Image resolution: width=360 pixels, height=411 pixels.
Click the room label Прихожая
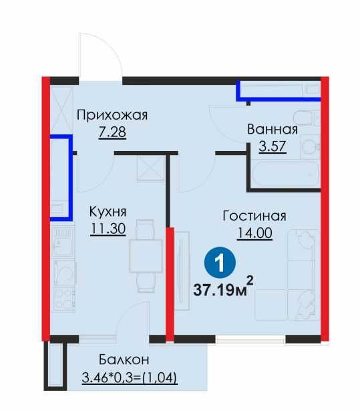pos(112,114)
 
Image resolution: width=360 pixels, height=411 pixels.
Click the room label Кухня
pos(108,212)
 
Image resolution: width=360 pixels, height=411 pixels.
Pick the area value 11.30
pos(108,229)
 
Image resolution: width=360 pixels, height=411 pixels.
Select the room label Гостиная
pos(254,215)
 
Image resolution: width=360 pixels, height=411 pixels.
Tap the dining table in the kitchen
pos(145,257)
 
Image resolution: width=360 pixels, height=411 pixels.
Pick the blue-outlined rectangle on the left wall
pos(61,177)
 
